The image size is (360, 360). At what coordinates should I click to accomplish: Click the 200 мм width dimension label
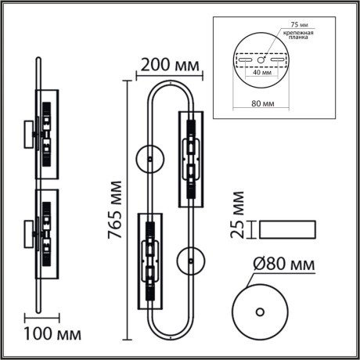coord(168,62)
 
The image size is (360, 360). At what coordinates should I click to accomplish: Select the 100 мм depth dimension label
coord(52,337)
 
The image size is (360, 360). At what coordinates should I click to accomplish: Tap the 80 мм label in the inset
coord(263,102)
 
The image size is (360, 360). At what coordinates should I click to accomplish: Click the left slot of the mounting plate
coord(244,59)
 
